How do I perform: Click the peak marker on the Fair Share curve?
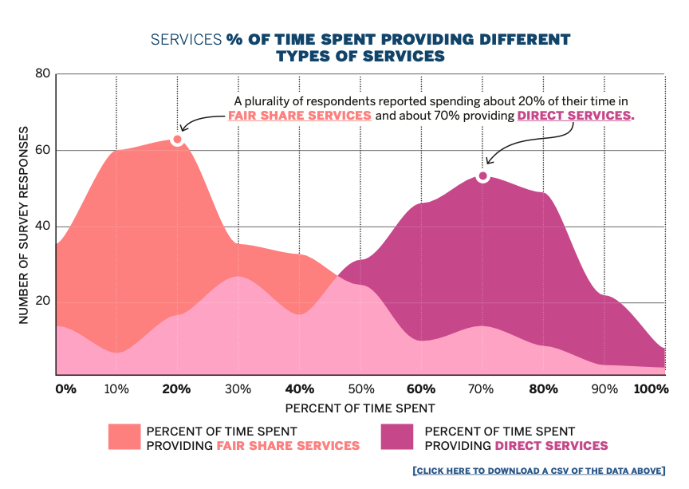pos(177,140)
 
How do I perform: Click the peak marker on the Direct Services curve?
pos(482,176)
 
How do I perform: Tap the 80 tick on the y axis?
pos(42,74)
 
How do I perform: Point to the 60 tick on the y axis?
pos(42,150)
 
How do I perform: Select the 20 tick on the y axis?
pos(42,302)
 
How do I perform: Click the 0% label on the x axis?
pos(65,389)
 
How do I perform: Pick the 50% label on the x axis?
pos(360,389)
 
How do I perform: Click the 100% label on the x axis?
pos(651,389)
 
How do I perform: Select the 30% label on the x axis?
pos(238,389)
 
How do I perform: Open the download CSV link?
pos(538,471)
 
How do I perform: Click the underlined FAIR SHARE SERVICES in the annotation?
pos(300,116)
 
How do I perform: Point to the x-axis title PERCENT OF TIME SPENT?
pos(360,408)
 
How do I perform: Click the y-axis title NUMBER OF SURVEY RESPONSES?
pos(24,225)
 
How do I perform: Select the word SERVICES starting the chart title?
pos(187,39)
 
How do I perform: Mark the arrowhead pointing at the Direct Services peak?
pos(489,162)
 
